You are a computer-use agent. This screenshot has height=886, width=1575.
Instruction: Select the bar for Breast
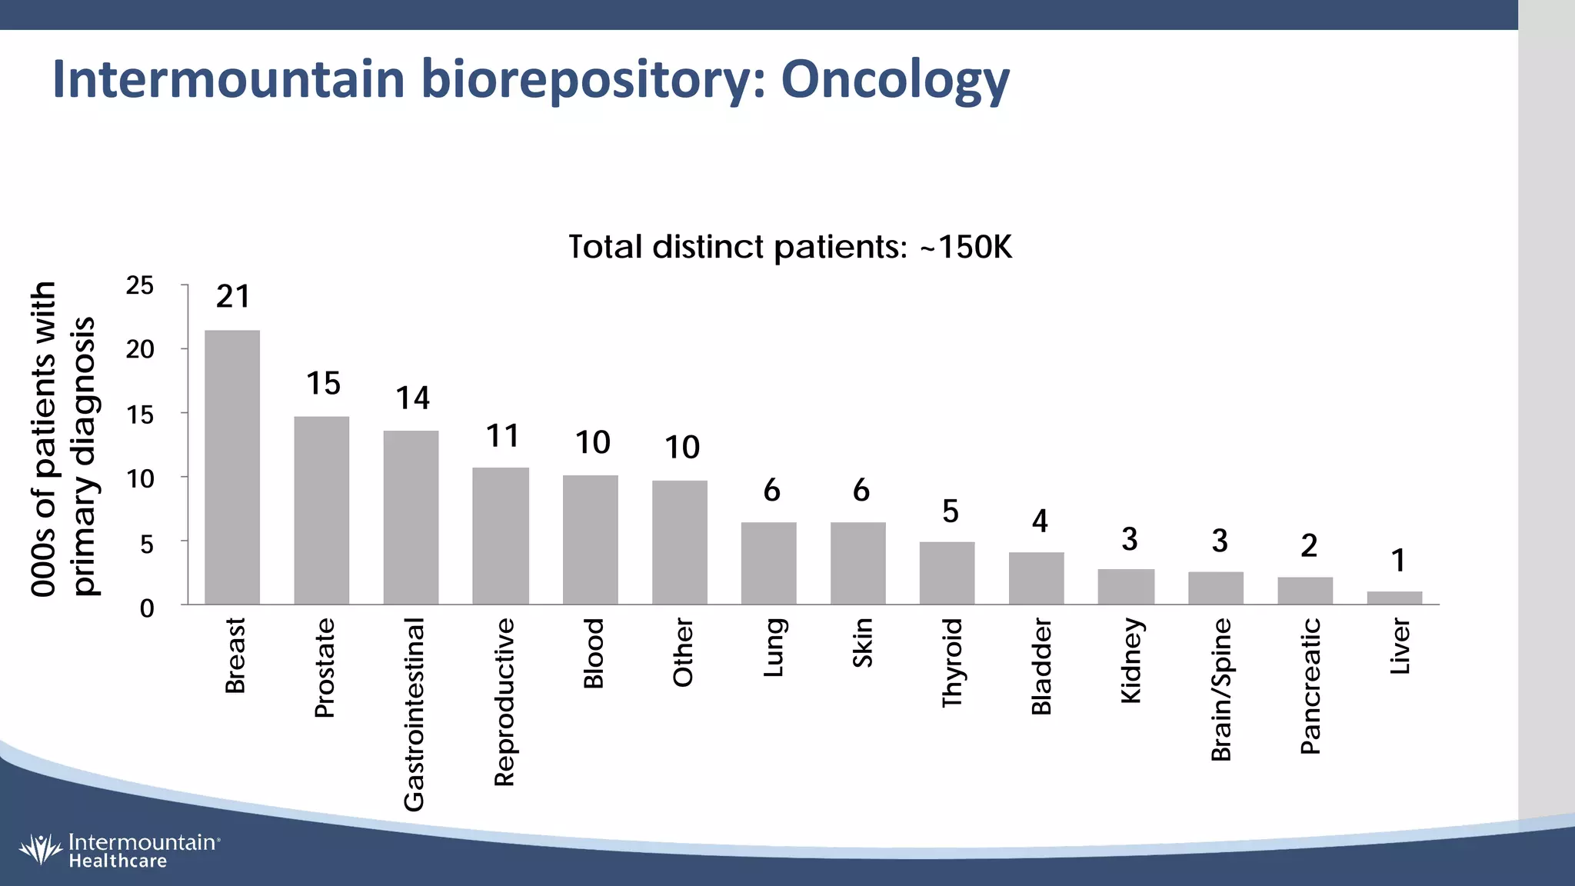click(x=232, y=468)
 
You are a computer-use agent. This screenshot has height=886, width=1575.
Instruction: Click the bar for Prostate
click(x=321, y=511)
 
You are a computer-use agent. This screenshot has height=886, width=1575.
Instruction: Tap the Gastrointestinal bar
click(x=411, y=518)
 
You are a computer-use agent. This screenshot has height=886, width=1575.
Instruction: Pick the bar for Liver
click(x=1394, y=598)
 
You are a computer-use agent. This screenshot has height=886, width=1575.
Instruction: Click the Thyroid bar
click(x=947, y=573)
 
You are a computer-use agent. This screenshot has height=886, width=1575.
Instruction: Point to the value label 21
click(x=233, y=297)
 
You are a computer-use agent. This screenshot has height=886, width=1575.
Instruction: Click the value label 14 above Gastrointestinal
click(x=412, y=398)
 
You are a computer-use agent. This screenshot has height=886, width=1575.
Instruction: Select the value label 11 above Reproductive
click(x=502, y=436)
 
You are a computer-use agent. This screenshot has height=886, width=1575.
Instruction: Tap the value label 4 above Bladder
click(x=1040, y=521)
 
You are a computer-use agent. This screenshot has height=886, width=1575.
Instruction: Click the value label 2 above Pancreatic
click(x=1309, y=546)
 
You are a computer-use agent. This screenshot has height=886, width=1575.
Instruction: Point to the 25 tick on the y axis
click(x=140, y=286)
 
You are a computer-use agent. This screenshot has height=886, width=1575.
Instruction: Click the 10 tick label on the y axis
click(x=140, y=479)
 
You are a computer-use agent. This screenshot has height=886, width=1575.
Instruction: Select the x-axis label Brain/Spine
click(x=1221, y=690)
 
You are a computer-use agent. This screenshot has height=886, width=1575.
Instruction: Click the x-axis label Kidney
click(x=1131, y=661)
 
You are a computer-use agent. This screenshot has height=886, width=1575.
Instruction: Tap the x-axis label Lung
click(x=773, y=648)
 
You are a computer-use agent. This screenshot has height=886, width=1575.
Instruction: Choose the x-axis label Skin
click(x=862, y=643)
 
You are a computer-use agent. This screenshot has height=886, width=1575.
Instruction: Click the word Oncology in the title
click(x=895, y=80)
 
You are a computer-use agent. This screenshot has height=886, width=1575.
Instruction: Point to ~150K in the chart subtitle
click(x=966, y=248)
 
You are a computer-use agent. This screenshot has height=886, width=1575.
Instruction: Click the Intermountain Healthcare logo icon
click(x=40, y=849)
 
